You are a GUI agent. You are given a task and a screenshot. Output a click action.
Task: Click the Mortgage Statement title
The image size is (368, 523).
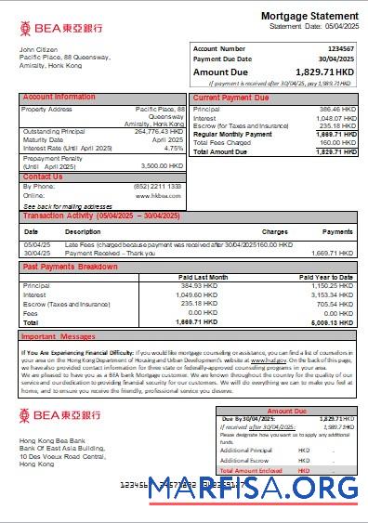click(309, 17)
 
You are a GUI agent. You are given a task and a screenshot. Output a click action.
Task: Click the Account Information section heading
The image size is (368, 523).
click(59, 97)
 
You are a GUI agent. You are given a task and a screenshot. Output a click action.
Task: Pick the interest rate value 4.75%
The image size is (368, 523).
click(174, 148)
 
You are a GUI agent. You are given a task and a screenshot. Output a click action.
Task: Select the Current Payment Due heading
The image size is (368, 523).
click(231, 97)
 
